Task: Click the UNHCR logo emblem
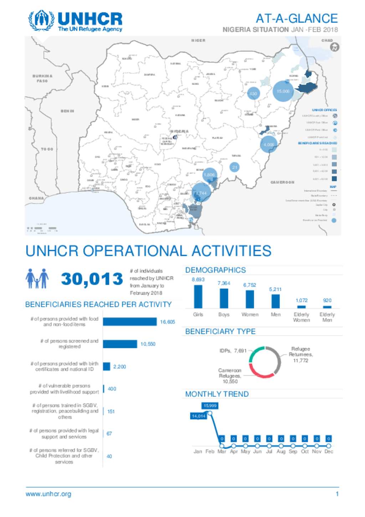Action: tap(41, 21)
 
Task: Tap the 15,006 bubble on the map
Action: tap(283, 91)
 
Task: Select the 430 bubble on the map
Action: tap(253, 94)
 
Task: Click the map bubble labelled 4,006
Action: tap(269, 145)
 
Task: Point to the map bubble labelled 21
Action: tap(235, 167)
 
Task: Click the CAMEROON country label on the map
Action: tap(282, 182)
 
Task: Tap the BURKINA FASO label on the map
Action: tap(42, 78)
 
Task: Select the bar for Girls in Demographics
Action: tap(198, 296)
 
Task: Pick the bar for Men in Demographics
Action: tap(276, 301)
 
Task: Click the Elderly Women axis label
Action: tap(301, 317)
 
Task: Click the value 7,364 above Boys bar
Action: tap(224, 283)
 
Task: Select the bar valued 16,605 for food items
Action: tap(130, 322)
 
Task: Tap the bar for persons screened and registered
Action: tap(120, 344)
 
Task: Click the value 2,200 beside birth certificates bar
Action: tap(119, 367)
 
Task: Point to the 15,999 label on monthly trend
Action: tap(210, 406)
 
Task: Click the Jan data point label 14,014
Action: tap(198, 416)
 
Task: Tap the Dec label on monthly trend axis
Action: tap(329, 451)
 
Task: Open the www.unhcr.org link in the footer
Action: tap(48, 494)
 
